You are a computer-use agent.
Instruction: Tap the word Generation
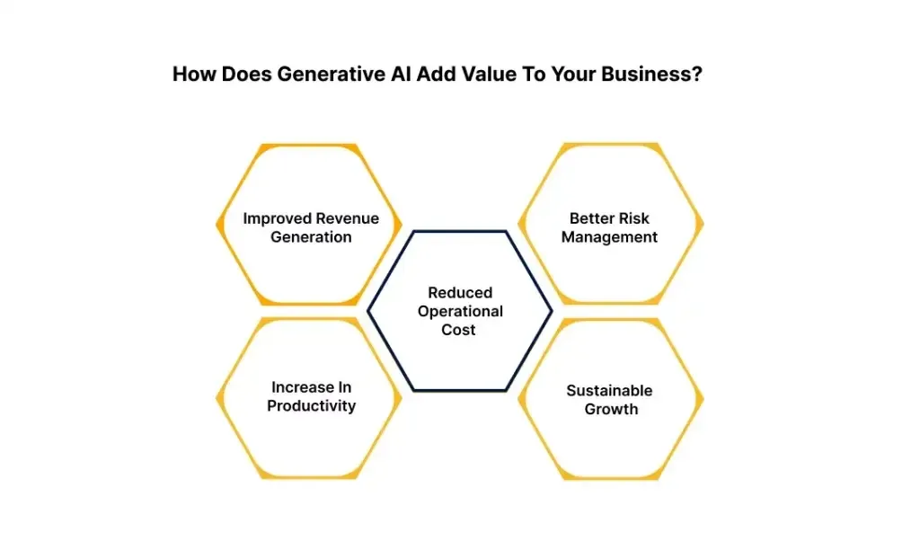click(x=311, y=237)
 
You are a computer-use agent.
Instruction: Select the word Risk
click(x=633, y=218)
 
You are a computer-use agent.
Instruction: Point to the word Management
click(x=609, y=237)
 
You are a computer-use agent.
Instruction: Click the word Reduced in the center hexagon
click(x=459, y=293)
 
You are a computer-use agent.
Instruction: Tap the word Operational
click(x=459, y=312)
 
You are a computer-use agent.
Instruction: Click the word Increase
click(x=303, y=387)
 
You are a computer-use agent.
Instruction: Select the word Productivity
click(x=311, y=406)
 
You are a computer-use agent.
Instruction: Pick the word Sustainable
click(x=609, y=391)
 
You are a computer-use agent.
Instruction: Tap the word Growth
click(x=611, y=410)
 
